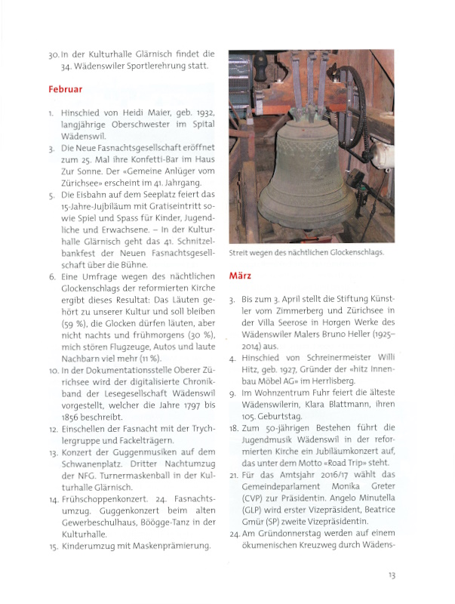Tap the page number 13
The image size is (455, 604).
coord(392,575)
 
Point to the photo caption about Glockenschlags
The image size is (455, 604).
coord(306,253)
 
